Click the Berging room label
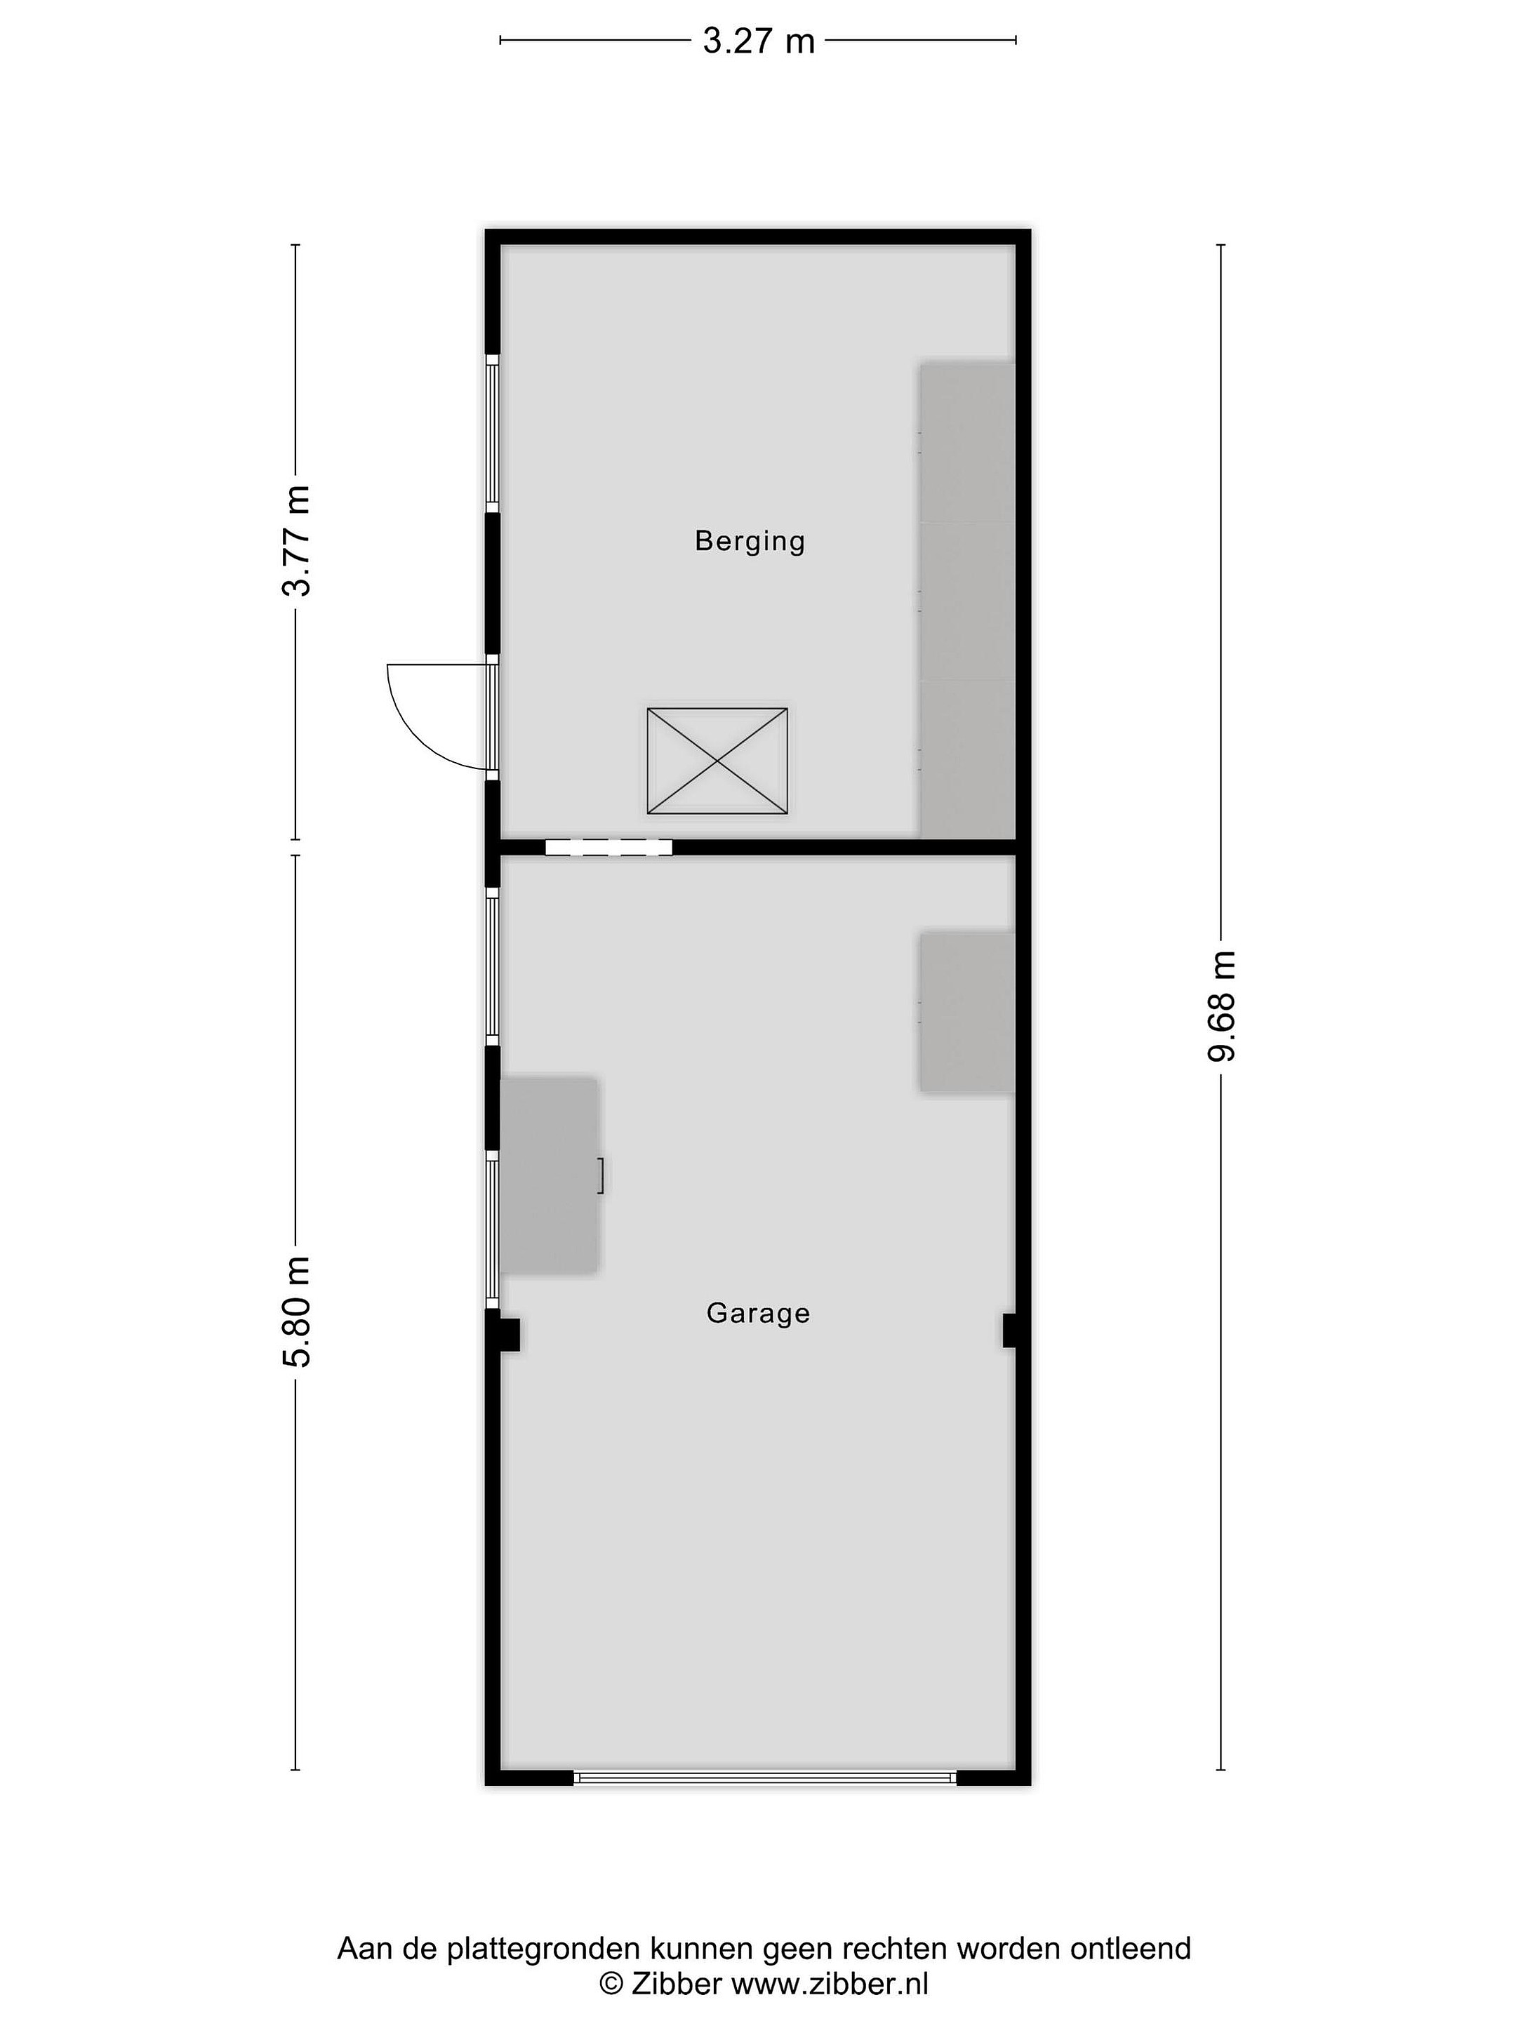tap(750, 541)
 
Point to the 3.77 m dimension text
tap(296, 541)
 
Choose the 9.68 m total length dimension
tap(1222, 1006)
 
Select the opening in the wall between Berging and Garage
tap(609, 847)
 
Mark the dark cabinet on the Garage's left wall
tap(549, 1175)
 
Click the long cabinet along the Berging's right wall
tap(967, 599)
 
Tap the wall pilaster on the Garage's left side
tap(503, 1334)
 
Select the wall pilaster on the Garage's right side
tap(1014, 1330)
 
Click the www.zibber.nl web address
tap(830, 1982)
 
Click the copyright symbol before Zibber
tap(611, 1982)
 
